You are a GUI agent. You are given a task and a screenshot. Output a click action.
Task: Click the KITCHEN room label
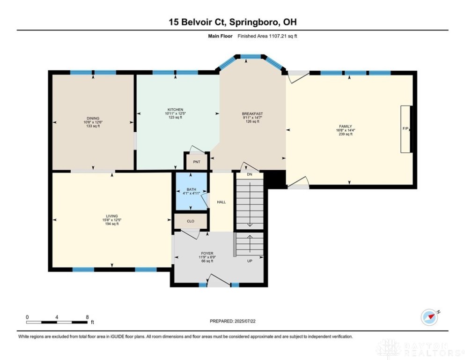click(175, 110)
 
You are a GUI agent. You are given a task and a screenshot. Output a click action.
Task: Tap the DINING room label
click(93, 118)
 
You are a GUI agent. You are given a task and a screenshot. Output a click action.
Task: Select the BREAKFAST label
click(252, 113)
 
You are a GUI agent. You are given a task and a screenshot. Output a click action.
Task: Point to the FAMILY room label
click(346, 127)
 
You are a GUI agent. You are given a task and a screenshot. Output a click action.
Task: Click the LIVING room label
click(112, 216)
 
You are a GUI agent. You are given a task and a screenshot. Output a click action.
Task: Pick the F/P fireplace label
click(406, 128)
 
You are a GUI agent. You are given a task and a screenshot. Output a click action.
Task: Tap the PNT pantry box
click(197, 162)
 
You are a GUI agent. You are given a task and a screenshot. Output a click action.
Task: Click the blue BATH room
click(191, 191)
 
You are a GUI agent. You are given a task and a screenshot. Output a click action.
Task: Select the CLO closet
click(191, 221)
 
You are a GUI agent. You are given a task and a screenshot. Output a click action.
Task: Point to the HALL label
click(221, 202)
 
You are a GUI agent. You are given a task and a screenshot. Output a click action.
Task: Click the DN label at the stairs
click(250, 174)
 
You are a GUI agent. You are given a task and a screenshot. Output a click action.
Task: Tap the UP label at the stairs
click(250, 261)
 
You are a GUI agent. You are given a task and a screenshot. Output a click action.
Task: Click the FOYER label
click(207, 254)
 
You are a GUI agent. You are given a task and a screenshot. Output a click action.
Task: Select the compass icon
click(430, 317)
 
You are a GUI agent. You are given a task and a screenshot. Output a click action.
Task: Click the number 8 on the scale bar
click(87, 317)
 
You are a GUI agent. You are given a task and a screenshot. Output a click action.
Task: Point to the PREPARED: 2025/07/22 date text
click(232, 321)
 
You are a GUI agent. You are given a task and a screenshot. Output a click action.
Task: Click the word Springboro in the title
click(254, 22)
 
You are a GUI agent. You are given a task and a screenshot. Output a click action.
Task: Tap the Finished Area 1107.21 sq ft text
click(267, 36)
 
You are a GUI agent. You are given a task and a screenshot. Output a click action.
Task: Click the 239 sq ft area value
click(346, 134)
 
